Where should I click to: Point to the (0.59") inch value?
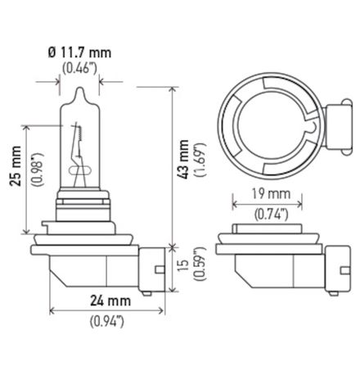click(x=199, y=265)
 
